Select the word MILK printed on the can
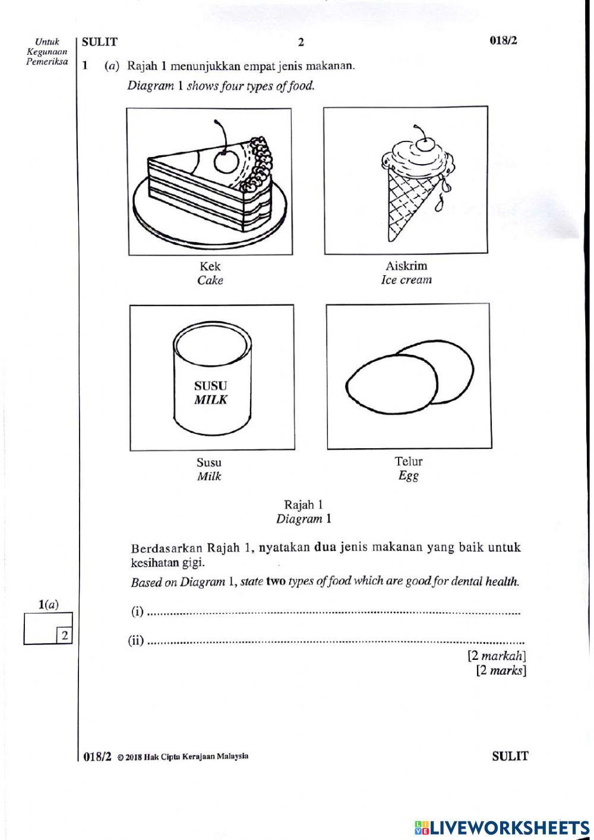click(211, 400)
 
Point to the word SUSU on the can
click(211, 386)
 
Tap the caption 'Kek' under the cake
click(210, 266)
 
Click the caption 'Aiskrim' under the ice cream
click(406, 266)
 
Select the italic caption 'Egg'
click(408, 476)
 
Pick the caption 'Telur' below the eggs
click(409, 461)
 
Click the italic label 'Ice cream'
click(406, 280)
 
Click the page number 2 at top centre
click(301, 42)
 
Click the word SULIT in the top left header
click(100, 42)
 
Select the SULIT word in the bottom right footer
click(510, 756)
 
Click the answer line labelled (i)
click(333, 612)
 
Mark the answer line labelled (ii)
click(336, 642)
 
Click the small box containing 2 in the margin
click(64, 636)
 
